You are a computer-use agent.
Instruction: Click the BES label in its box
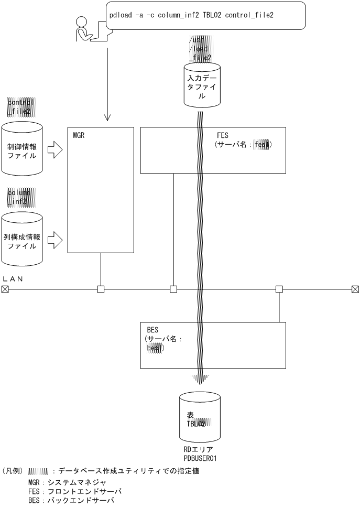point(154,330)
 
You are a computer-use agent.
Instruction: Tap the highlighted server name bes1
point(155,348)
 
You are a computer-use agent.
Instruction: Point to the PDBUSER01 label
point(199,458)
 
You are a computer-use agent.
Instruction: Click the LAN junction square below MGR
point(101,288)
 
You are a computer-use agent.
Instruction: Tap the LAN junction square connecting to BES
point(279,288)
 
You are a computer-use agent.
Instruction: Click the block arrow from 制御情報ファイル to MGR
point(54,152)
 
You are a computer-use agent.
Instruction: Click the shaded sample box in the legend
point(39,471)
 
